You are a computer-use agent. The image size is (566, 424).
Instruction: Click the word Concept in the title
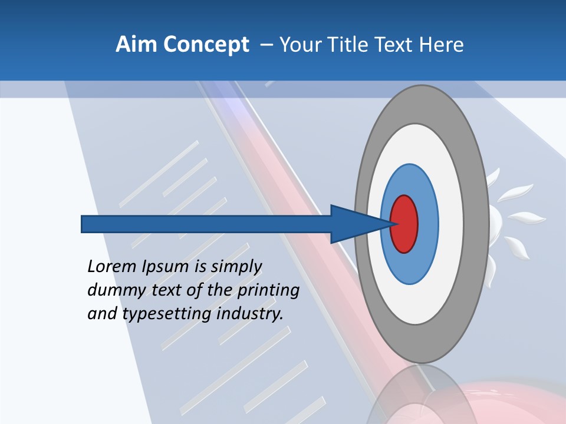click(206, 45)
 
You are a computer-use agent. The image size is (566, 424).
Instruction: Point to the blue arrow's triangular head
click(354, 224)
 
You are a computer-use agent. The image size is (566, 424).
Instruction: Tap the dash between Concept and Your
click(266, 45)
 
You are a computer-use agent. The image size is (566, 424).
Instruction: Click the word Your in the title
click(298, 45)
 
